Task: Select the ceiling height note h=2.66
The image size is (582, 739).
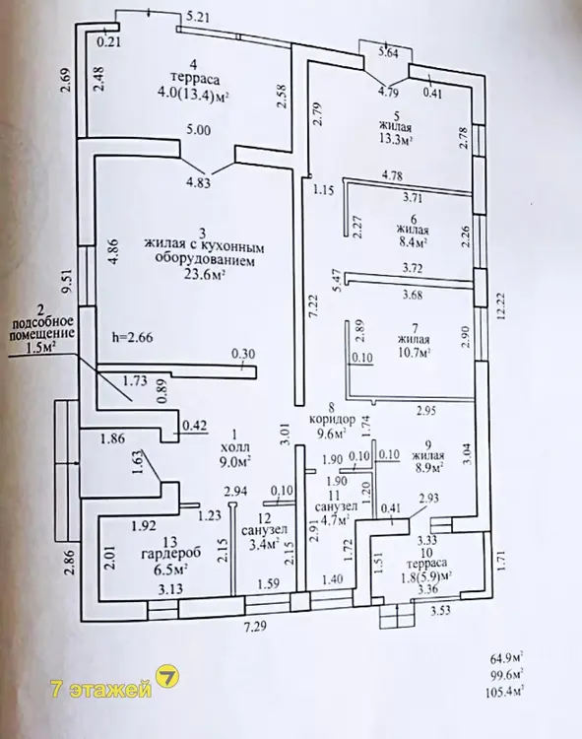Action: coord(132,337)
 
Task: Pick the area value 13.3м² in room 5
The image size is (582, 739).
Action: coord(396,140)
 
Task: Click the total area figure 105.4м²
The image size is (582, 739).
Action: coord(504,692)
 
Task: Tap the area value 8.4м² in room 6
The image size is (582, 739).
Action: coord(412,242)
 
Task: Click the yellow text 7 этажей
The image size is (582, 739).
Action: coord(101,690)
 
